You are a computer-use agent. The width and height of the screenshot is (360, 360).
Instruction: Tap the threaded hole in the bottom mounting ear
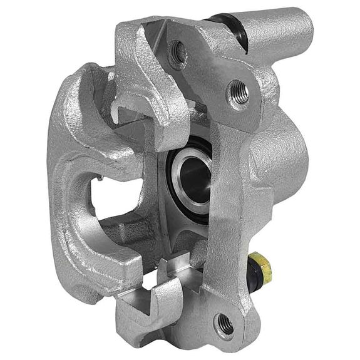(x=224, y=324)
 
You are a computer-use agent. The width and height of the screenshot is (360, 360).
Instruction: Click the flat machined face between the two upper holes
(x=210, y=69)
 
